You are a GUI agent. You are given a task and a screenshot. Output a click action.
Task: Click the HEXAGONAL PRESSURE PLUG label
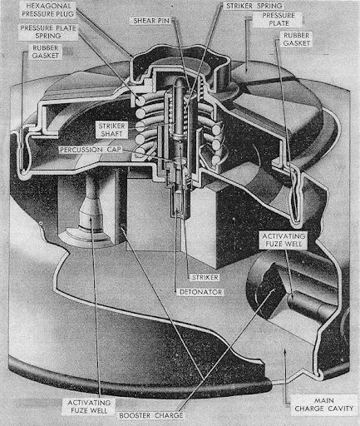[47, 10]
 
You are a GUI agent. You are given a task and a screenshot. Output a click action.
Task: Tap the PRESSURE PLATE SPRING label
[48, 32]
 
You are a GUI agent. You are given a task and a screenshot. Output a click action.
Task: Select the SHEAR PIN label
[151, 21]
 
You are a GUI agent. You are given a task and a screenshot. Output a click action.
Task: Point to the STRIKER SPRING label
[254, 6]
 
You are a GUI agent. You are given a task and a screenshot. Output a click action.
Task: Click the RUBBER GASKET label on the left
[46, 52]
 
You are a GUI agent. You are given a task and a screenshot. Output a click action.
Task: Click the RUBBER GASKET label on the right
[296, 39]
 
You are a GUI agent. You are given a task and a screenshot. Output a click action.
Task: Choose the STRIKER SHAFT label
[111, 130]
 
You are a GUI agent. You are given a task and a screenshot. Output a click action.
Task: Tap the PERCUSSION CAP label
[91, 150]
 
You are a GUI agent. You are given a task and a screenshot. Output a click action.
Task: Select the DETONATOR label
[200, 292]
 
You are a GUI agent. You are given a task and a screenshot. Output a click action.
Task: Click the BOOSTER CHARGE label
[151, 415]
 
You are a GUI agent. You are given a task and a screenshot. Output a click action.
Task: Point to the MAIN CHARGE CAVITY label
[324, 404]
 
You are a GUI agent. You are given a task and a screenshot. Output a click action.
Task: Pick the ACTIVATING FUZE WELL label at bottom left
[89, 406]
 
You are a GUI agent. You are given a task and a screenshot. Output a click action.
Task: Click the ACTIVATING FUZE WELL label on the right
[284, 240]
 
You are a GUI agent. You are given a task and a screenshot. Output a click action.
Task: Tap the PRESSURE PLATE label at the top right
[279, 19]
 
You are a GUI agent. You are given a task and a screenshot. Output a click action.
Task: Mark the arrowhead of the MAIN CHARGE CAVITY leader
[284, 353]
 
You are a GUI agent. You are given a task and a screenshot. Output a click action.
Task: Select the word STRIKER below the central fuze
[205, 277]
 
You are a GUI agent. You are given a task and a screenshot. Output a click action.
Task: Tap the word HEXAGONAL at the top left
[48, 6]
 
